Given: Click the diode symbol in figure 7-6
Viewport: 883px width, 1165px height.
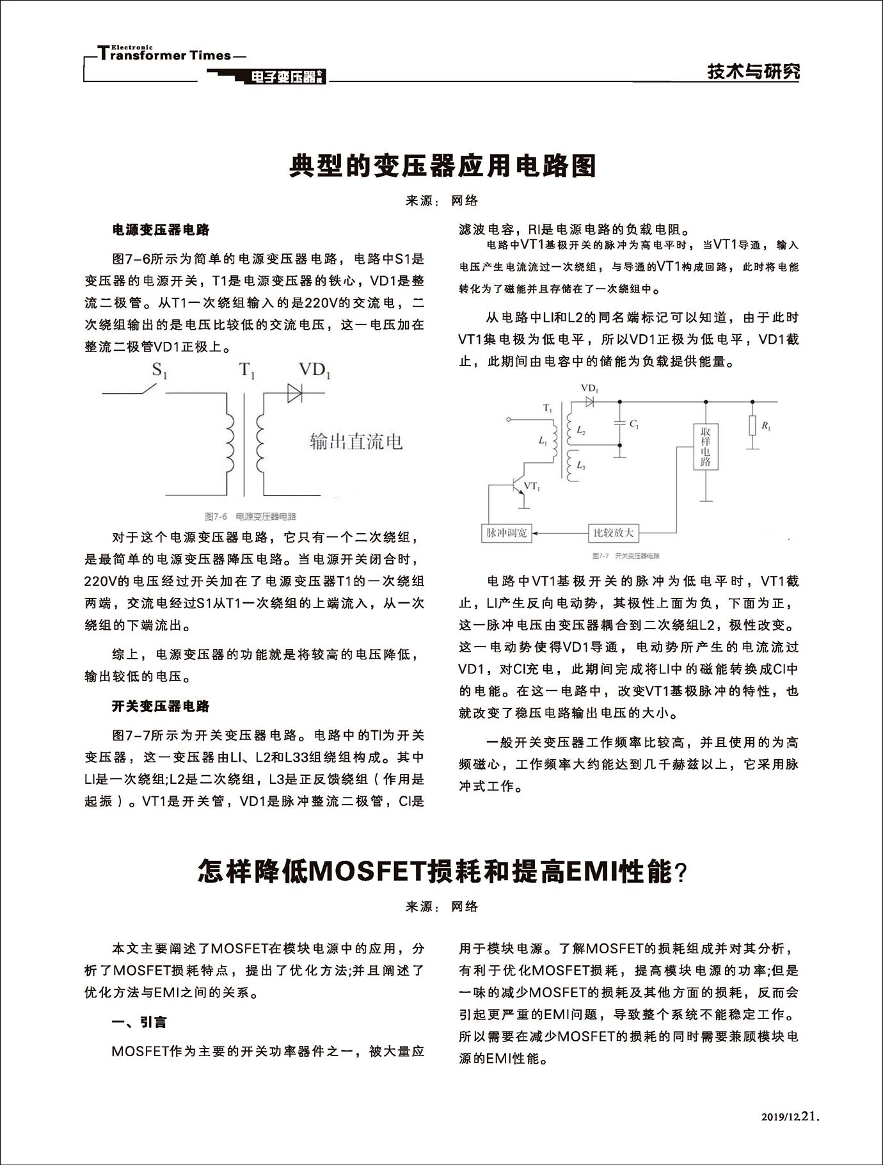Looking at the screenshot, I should tap(294, 392).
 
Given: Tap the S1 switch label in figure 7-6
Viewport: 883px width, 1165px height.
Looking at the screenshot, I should tap(159, 371).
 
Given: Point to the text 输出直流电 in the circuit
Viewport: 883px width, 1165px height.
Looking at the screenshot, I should tap(356, 441).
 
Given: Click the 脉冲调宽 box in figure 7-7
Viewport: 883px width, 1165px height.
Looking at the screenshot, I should tap(506, 533).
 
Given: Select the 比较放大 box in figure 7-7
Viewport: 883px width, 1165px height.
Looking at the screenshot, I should tap(613, 533).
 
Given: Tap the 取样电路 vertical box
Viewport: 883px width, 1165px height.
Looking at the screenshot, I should tap(705, 446).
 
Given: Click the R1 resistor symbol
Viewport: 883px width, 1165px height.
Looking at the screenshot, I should tap(753, 426).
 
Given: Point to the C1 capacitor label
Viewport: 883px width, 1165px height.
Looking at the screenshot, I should tap(633, 424).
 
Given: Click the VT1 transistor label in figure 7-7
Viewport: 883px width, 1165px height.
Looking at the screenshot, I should tap(532, 486).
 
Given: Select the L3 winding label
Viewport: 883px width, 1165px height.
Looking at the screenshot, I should tap(580, 465).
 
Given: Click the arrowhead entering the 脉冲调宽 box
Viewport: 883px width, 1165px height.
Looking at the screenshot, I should tap(536, 533).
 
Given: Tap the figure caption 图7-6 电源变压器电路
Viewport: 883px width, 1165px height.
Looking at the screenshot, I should tap(250, 517).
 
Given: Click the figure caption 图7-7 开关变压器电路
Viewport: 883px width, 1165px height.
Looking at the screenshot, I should tap(626, 556).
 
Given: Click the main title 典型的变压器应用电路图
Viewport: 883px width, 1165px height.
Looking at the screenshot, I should tap(442, 166).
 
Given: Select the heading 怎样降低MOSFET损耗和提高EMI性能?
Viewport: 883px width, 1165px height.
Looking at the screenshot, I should tap(442, 872).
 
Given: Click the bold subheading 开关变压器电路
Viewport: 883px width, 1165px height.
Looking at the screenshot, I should tap(161, 706).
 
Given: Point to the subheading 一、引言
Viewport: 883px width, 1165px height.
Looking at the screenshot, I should tap(139, 1022).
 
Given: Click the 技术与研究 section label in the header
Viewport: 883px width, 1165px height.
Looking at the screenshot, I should tap(753, 72).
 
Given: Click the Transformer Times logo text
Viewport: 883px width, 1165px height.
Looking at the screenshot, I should tap(165, 55).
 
